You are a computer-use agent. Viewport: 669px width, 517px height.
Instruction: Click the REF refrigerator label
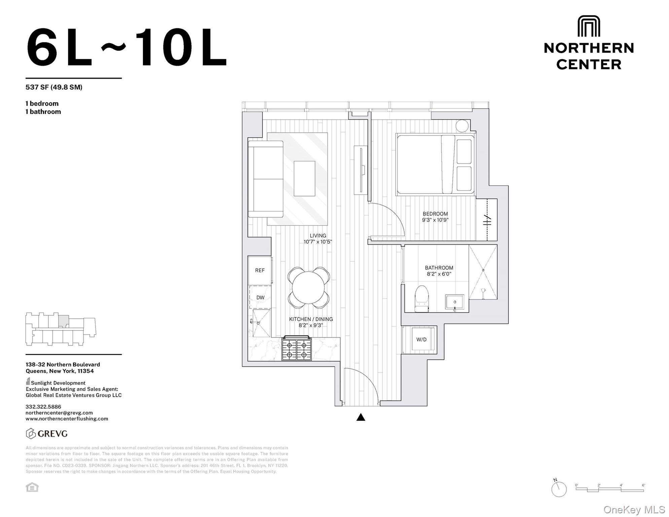(260, 270)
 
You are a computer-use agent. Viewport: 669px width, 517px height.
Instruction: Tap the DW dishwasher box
(260, 298)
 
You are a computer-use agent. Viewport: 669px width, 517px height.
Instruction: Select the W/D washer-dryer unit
(421, 339)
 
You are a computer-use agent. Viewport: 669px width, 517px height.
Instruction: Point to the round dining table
(308, 288)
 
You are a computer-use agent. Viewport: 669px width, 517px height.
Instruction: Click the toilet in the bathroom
(421, 299)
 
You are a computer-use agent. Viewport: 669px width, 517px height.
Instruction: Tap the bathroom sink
(455, 302)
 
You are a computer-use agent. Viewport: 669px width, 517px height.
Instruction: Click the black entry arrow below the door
(361, 417)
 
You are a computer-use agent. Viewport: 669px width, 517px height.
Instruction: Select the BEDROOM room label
(435, 214)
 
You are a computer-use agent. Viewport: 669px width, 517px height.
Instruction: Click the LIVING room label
(318, 236)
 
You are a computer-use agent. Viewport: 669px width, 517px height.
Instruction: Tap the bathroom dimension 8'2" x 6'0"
(439, 274)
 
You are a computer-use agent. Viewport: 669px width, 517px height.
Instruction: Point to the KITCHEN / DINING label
(311, 319)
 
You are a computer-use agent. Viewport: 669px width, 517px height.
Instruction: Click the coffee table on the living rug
(304, 178)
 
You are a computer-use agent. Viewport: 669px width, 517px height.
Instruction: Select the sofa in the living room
(266, 179)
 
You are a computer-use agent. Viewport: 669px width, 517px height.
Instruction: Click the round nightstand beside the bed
(462, 126)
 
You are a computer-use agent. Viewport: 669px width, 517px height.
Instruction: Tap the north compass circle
(559, 489)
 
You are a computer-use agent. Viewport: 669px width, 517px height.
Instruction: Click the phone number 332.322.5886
(43, 407)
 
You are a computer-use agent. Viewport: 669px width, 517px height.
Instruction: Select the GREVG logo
(47, 434)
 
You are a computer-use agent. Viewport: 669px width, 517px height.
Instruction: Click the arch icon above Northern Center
(589, 26)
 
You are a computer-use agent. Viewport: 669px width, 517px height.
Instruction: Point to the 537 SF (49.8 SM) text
(54, 87)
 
